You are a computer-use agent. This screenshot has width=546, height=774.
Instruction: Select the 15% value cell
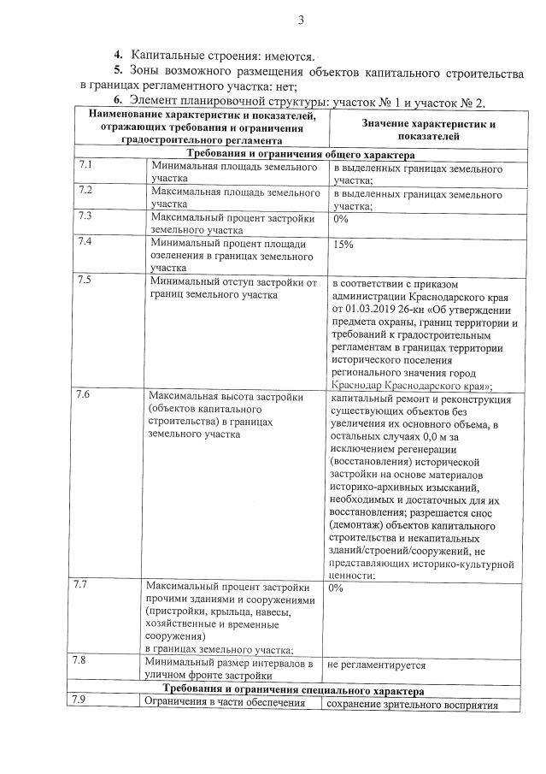[x=343, y=245]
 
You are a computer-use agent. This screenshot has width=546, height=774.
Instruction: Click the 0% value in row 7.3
[x=340, y=218]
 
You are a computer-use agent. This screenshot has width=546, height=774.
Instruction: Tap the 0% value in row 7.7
[x=335, y=588]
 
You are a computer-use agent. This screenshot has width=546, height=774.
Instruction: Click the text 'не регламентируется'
[x=376, y=665]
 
